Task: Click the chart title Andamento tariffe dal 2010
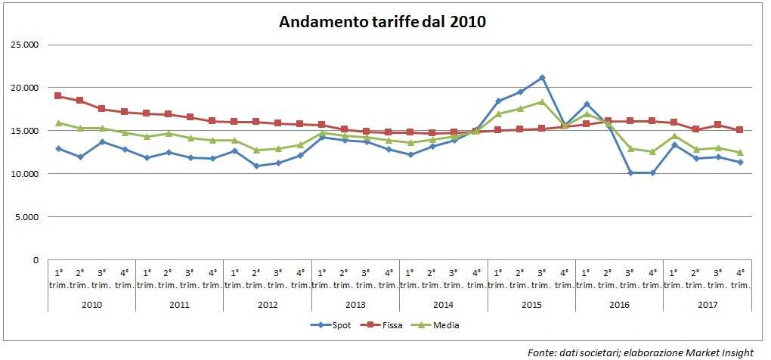click(382, 21)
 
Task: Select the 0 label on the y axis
click(35, 260)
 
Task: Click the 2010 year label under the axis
click(91, 304)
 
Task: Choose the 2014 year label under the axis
click(443, 304)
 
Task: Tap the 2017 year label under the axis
click(706, 304)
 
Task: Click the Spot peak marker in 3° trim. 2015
click(542, 77)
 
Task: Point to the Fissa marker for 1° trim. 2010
click(58, 96)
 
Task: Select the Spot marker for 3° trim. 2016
click(630, 173)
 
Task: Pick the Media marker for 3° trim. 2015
click(542, 102)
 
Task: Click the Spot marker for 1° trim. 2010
click(58, 148)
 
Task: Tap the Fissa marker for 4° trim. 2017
click(740, 130)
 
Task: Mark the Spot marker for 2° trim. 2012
click(256, 166)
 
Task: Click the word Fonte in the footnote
click(540, 352)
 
